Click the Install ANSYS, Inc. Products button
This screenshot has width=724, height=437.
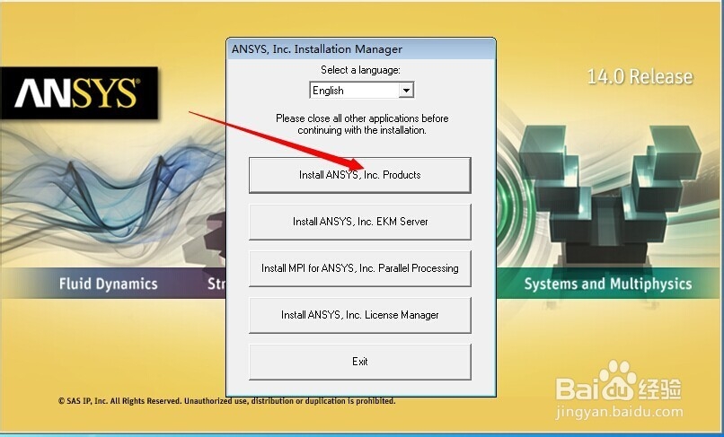pos(359,175)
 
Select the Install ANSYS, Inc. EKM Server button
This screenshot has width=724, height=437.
pos(359,222)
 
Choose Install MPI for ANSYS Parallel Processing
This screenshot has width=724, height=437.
pos(359,268)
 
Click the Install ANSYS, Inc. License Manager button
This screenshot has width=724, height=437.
pos(359,315)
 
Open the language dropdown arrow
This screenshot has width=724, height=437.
pos(406,90)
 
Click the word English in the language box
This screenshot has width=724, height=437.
pos(328,91)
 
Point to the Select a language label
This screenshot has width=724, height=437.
pos(360,70)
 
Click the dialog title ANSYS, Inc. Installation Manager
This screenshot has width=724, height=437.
pos(317,49)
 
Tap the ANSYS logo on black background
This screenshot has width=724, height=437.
pos(79,92)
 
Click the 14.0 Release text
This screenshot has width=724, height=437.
pos(640,76)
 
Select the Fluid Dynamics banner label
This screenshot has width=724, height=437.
pos(108,284)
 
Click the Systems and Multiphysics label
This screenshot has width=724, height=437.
pos(607,284)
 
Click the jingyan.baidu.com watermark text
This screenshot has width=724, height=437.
pos(619,411)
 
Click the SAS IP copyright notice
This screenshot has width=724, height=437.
pos(226,401)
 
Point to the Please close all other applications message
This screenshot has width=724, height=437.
pos(362,124)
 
